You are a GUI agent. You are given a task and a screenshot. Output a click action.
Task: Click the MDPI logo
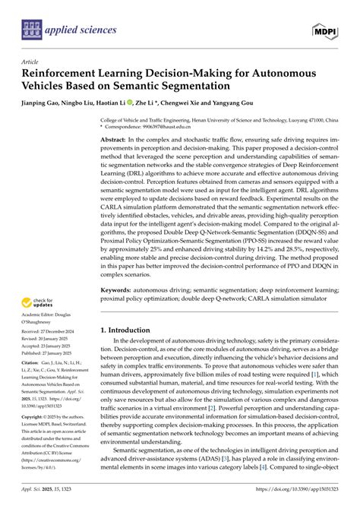[325, 29]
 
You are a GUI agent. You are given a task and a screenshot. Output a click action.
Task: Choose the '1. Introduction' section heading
[131, 331]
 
